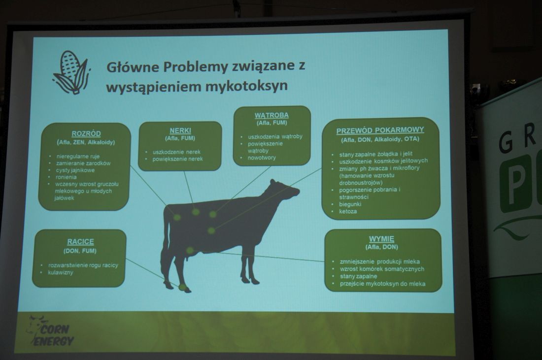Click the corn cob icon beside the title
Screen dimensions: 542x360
71,72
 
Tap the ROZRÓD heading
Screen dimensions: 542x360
86,133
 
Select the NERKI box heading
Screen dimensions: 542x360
180,131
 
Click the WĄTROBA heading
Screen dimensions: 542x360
271,115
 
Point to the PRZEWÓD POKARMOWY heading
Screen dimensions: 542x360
380,130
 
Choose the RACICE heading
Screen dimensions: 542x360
80,241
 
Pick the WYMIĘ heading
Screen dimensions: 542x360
381,239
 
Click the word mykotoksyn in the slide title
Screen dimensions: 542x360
246,86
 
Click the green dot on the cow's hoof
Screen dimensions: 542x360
182,287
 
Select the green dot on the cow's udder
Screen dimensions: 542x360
190,250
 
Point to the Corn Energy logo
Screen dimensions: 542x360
51,330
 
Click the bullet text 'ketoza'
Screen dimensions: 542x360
348,211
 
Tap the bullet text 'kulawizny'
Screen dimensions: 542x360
61,273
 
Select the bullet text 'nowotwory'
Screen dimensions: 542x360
262,158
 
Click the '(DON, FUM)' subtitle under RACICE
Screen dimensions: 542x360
80,251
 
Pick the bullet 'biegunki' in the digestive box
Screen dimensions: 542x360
350,204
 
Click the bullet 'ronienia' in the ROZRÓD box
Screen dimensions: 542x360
66,177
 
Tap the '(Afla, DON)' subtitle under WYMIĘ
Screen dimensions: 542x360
381,247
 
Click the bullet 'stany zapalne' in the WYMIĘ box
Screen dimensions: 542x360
358,276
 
